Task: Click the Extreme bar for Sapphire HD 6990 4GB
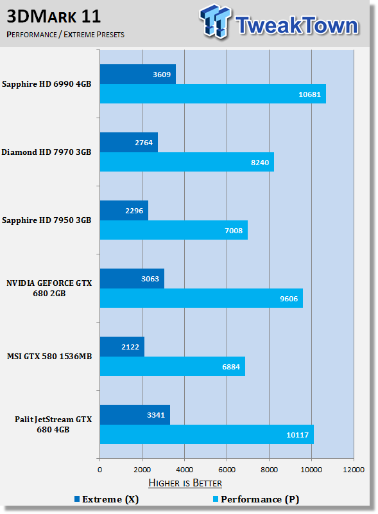pos(138,74)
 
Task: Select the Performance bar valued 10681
pos(213,94)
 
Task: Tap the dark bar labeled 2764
pos(129,142)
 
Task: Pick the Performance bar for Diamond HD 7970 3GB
pos(187,162)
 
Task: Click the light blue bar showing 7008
pos(174,230)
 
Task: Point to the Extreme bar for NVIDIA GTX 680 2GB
pos(132,279)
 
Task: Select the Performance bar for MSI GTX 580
pos(173,366)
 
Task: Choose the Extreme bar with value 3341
pos(135,414)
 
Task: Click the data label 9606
pos(289,299)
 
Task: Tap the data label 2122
pos(130,347)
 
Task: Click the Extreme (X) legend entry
pos(107,499)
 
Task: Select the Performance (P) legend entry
pos(256,499)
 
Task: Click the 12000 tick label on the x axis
pos(354,470)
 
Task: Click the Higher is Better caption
pos(185,483)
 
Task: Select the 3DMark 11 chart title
pos(54,17)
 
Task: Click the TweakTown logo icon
pos(215,21)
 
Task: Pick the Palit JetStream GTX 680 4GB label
pos(53,424)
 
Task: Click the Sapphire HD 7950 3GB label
pos(46,220)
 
